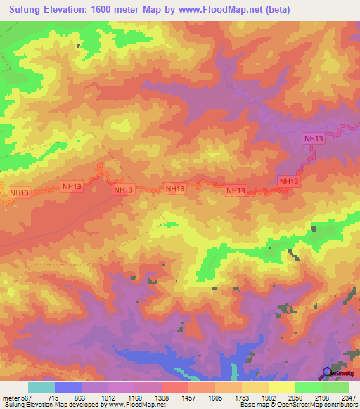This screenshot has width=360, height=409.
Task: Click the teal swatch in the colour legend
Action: tap(41, 387)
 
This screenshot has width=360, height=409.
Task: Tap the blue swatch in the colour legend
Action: tap(68, 387)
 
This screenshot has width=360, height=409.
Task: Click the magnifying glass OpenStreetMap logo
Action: tap(328, 372)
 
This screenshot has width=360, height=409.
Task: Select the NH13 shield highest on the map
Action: tap(314, 138)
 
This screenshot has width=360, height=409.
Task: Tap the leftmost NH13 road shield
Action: tap(19, 193)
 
